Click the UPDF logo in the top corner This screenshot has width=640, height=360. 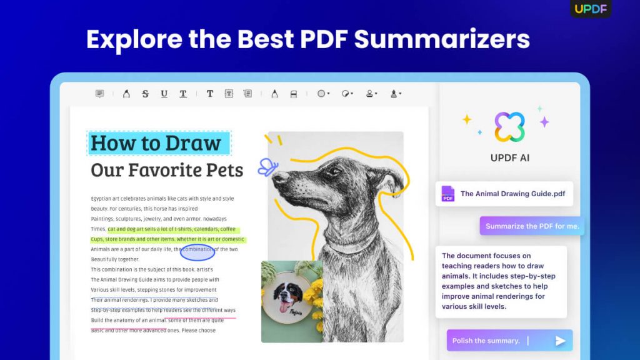pyautogui.click(x=591, y=9)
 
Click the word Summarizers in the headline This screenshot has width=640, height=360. pyautogui.click(x=442, y=39)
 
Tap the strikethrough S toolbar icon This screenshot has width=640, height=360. pyautogui.click(x=145, y=94)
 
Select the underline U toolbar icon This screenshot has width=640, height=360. pyautogui.click(x=164, y=94)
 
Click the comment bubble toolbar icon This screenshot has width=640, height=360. pyautogui.click(x=99, y=94)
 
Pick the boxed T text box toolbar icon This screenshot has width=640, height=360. pyautogui.click(x=229, y=94)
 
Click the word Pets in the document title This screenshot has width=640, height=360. pyautogui.click(x=224, y=170)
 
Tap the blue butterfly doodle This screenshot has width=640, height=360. pyautogui.click(x=267, y=166)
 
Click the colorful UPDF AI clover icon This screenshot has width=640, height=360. pyautogui.click(x=509, y=127)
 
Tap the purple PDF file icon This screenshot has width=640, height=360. pyautogui.click(x=447, y=194)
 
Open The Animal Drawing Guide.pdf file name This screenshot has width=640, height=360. pyautogui.click(x=512, y=194)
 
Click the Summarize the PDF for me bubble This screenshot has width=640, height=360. pyautogui.click(x=532, y=226)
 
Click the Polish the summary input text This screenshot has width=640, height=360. pyautogui.click(x=486, y=341)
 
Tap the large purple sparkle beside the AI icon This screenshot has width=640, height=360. pyautogui.click(x=544, y=122)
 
